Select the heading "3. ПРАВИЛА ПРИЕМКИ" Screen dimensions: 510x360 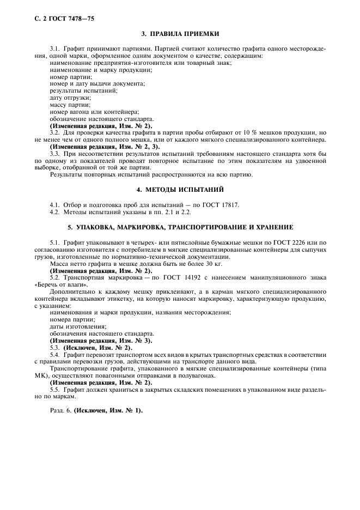tap(180, 34)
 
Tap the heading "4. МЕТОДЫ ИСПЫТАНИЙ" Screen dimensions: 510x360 tap(180, 190)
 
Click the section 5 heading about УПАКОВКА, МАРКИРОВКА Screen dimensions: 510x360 tap(180, 227)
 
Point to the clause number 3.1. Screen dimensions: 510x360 tap(55, 49)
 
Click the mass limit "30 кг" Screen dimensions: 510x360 tap(170, 263)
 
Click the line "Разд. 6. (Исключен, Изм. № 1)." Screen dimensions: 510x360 tap(96, 410)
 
